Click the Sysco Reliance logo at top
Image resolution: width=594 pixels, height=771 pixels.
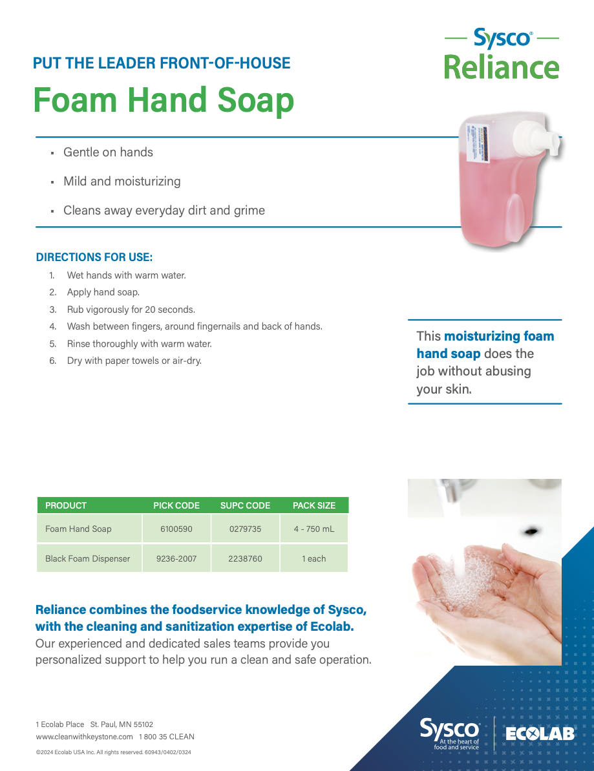(x=502, y=54)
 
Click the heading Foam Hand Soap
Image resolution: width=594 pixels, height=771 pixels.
(x=164, y=100)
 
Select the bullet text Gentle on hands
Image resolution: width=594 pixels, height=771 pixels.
(x=108, y=153)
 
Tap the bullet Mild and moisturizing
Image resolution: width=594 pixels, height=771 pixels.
(x=122, y=182)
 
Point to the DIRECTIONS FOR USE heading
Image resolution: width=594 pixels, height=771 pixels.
(x=94, y=257)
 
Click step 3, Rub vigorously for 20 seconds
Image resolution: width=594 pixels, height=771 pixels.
(x=131, y=310)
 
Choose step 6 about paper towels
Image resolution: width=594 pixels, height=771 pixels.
(x=134, y=361)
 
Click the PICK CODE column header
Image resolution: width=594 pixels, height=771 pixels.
(x=176, y=505)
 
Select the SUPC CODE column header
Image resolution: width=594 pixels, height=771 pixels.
(x=245, y=505)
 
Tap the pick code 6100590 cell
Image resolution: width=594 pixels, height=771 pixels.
(x=176, y=529)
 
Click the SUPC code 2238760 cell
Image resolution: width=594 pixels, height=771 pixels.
(x=245, y=558)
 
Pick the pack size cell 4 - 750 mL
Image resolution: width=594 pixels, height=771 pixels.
(x=314, y=529)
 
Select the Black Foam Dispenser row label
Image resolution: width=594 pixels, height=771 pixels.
(x=88, y=558)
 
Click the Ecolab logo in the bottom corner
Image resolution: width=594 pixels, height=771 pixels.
(x=540, y=734)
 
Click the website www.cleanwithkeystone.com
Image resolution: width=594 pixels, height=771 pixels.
(x=85, y=737)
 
